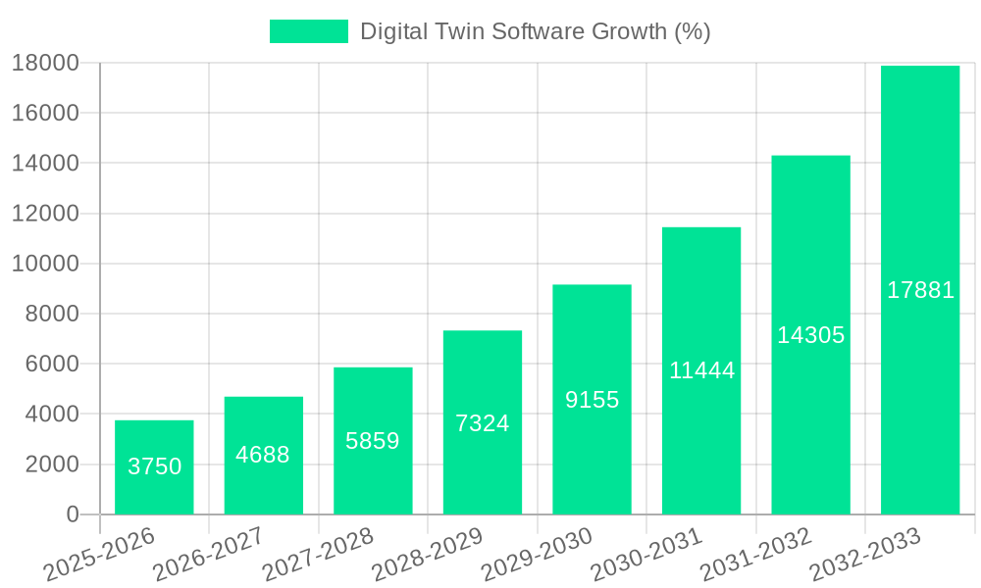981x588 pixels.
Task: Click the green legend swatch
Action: click(x=308, y=31)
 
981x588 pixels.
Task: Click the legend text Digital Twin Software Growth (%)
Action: click(x=535, y=31)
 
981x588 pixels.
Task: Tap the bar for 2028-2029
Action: click(x=483, y=422)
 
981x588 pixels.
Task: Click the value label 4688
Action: click(x=263, y=455)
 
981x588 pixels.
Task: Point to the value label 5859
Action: click(x=373, y=441)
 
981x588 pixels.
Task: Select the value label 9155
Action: click(x=592, y=400)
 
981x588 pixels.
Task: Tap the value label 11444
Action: click(x=701, y=370)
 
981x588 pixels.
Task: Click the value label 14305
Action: click(x=810, y=335)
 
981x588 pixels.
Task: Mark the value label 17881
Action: click(x=920, y=290)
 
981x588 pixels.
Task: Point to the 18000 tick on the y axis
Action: click(x=45, y=63)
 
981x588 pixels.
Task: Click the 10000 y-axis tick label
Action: click(x=45, y=264)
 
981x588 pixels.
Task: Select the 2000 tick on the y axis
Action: click(x=52, y=465)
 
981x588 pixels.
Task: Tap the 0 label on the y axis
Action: click(x=73, y=514)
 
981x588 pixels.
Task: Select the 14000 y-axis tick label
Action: click(x=45, y=163)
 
